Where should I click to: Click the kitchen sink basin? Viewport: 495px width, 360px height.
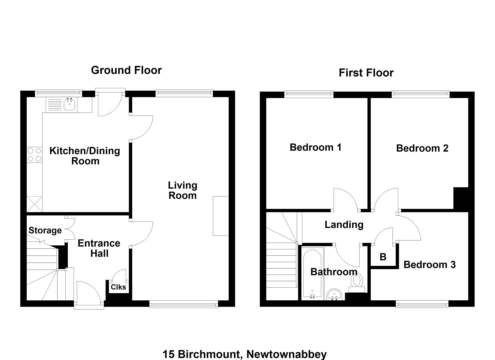click(x=69, y=104)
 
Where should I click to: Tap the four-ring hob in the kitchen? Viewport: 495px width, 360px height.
click(x=34, y=155)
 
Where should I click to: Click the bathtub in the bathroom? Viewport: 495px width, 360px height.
click(x=312, y=274)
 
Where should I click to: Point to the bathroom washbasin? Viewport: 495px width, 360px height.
click(x=334, y=295)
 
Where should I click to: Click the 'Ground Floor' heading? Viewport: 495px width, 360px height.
click(x=126, y=70)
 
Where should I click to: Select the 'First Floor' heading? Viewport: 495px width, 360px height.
click(x=366, y=73)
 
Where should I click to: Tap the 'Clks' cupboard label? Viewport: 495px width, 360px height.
click(x=118, y=287)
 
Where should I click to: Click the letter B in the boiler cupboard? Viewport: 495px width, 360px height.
click(x=383, y=257)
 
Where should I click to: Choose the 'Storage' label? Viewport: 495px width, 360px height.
click(x=45, y=230)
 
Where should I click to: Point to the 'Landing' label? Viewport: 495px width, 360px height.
click(x=344, y=225)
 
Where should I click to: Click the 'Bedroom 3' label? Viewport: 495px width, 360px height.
click(x=430, y=265)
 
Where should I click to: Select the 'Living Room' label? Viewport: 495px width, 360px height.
click(x=183, y=190)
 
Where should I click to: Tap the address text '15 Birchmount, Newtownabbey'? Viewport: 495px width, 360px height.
click(x=245, y=354)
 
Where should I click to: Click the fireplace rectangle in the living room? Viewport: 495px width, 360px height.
click(x=221, y=216)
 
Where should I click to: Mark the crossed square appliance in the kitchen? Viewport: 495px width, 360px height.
click(x=34, y=204)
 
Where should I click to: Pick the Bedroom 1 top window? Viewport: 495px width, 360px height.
click(x=309, y=94)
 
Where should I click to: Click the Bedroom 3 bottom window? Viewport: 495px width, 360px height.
click(x=422, y=304)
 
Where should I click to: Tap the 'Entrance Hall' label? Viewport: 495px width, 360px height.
click(x=99, y=248)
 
